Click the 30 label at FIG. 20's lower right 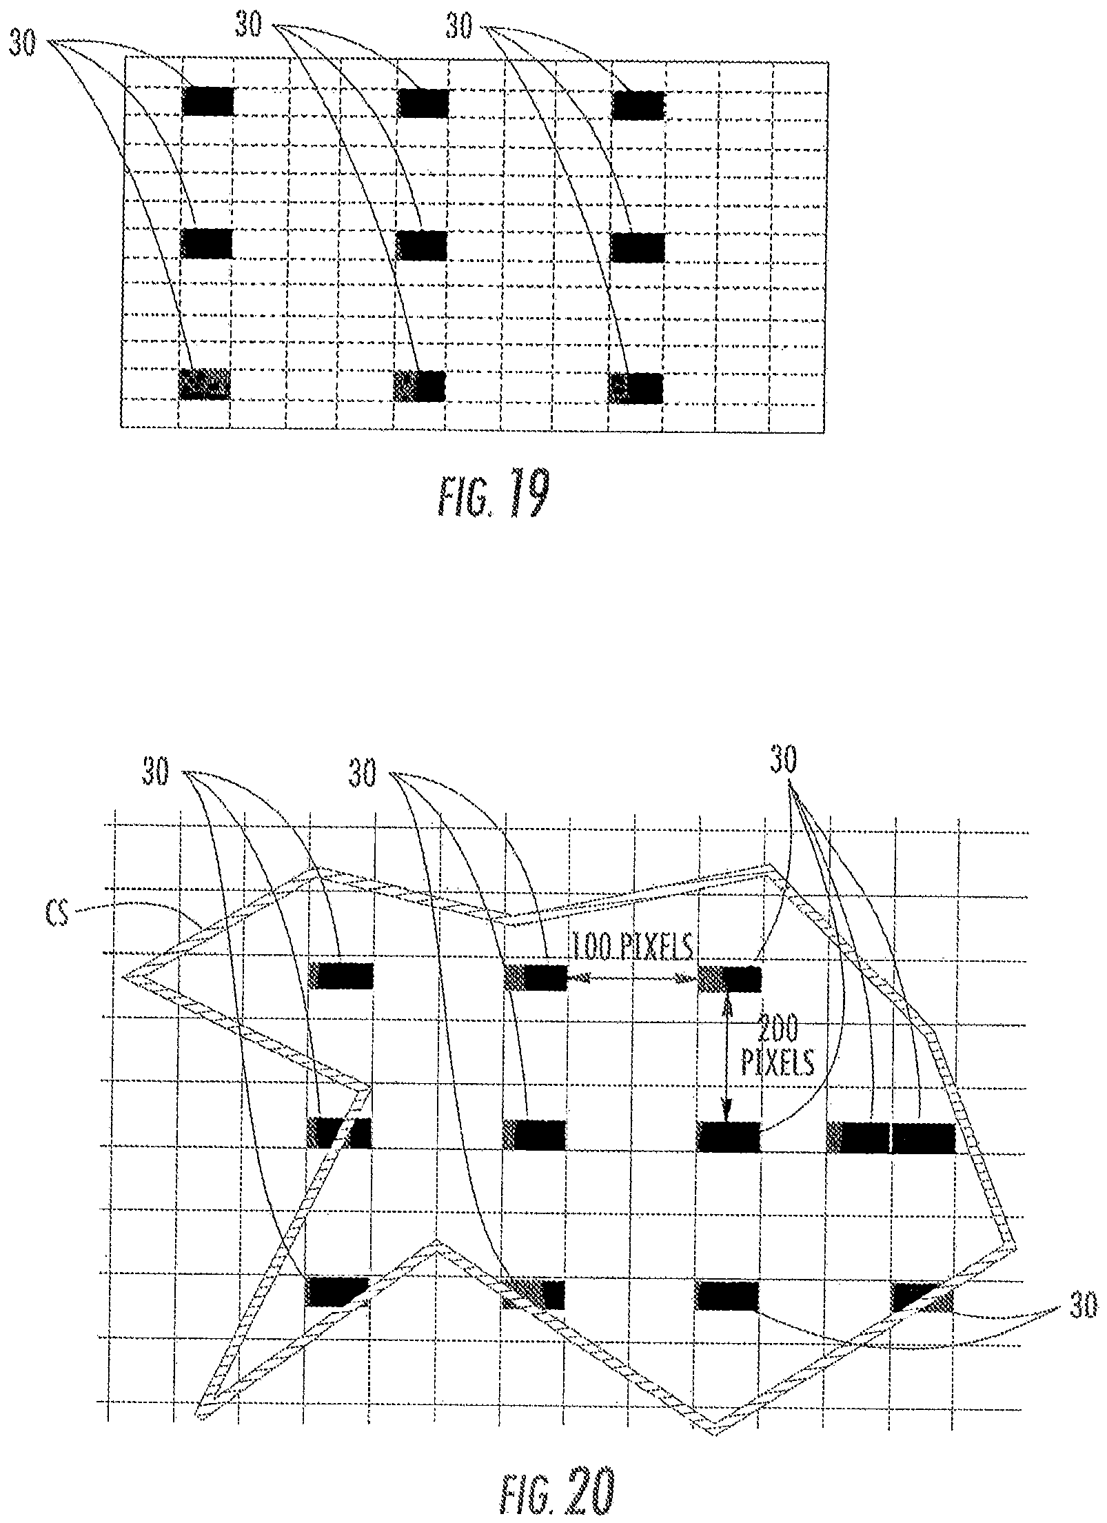(x=1083, y=1307)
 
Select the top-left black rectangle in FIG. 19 (x=208, y=101)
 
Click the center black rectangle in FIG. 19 (x=422, y=245)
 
